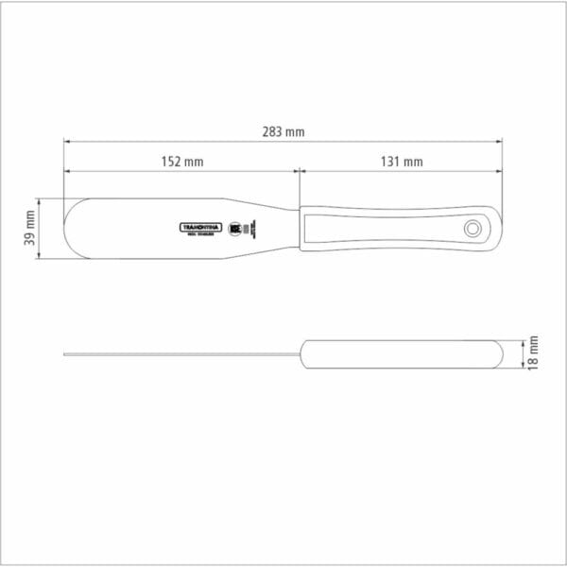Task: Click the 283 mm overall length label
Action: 283,132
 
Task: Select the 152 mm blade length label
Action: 182,162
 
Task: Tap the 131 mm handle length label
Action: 403,162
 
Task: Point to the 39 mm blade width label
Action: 29,229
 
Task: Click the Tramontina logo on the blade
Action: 200,228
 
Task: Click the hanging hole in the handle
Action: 472,229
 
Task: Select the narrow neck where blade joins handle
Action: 283,228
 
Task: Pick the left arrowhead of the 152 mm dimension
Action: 67,172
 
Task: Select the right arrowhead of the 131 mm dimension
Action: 499,172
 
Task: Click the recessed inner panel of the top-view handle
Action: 378,229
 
